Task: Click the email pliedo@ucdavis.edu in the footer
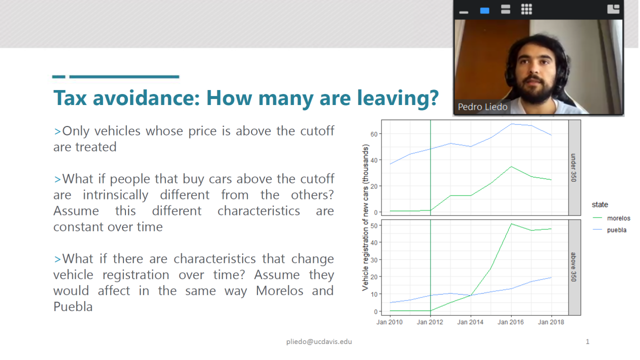319,341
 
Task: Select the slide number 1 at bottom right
587,341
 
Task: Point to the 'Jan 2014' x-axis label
470,322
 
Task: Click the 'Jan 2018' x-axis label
551,322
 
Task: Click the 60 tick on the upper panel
374,134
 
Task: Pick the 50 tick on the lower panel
374,225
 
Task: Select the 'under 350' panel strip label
573,167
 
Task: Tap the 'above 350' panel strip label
573,267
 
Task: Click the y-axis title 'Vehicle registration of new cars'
365,217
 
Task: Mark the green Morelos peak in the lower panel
511,224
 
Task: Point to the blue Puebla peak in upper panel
511,123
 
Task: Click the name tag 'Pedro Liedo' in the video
482,107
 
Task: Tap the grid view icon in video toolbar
526,9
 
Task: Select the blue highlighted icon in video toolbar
484,10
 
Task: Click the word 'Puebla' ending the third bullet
73,307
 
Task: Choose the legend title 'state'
599,204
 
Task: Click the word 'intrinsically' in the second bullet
115,195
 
